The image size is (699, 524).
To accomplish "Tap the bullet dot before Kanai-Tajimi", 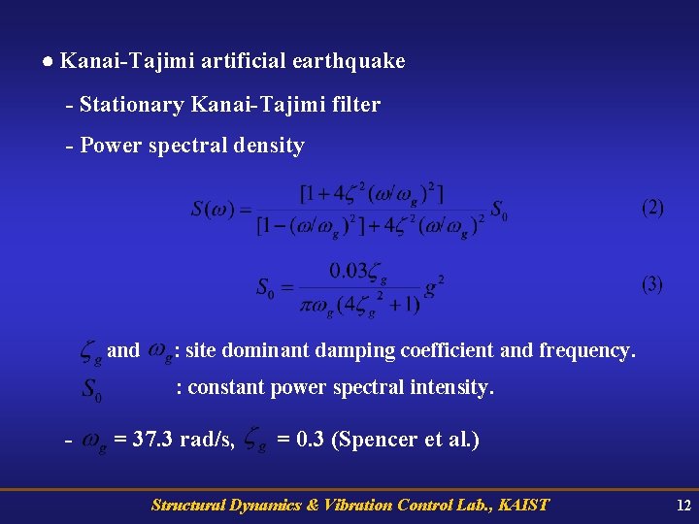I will [x=48, y=61].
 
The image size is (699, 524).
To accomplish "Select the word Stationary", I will [x=133, y=104].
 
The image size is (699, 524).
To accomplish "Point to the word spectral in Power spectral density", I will [x=191, y=146].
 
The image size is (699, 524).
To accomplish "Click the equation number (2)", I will [x=652, y=208].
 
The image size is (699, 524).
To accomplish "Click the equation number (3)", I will [x=652, y=284].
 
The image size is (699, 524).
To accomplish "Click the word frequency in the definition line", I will [x=587, y=349].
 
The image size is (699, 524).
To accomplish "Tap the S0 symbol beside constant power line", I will [x=91, y=390].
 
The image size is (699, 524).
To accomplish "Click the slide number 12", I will [x=682, y=505].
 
